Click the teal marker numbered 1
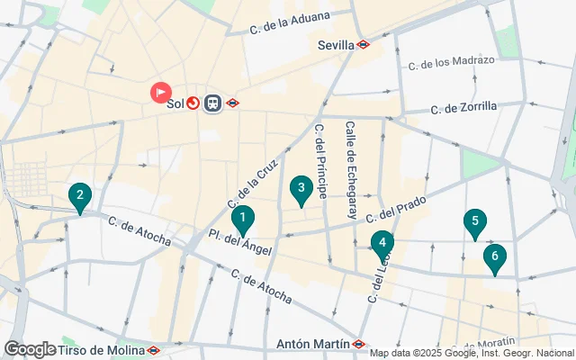242,219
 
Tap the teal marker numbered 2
80,196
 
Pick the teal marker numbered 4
382,243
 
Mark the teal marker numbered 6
494,257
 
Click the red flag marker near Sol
161,92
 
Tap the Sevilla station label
337,44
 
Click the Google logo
30,349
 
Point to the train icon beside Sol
213,103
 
